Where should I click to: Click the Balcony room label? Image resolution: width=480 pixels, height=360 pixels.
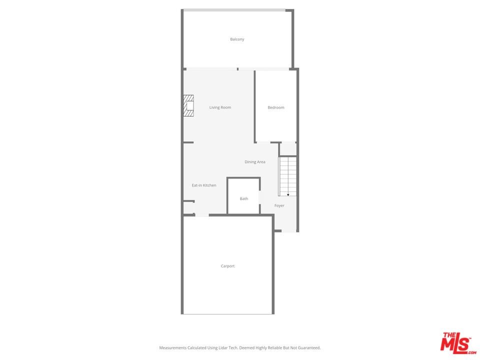[237, 39]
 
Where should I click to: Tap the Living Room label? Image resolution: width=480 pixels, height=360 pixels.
[220, 107]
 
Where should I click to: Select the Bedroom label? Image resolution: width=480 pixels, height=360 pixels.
[276, 107]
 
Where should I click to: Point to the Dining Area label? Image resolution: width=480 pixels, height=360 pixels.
[254, 162]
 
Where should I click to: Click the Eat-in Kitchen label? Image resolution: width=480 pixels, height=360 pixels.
[204, 185]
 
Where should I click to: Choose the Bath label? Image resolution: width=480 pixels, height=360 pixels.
[244, 198]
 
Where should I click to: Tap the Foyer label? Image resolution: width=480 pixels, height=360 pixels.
[279, 205]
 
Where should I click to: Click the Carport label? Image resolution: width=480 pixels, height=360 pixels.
[228, 266]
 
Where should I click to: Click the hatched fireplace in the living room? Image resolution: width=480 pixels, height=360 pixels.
[188, 105]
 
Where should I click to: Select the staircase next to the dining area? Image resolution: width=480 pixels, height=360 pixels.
[287, 176]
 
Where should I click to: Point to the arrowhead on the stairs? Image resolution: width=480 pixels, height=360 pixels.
[288, 194]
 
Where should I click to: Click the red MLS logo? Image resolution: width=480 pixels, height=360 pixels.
[458, 343]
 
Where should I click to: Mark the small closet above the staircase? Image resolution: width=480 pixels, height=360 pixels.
[288, 149]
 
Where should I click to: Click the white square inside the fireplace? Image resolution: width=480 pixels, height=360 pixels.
[190, 105]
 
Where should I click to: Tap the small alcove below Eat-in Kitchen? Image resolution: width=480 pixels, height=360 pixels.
[188, 208]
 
